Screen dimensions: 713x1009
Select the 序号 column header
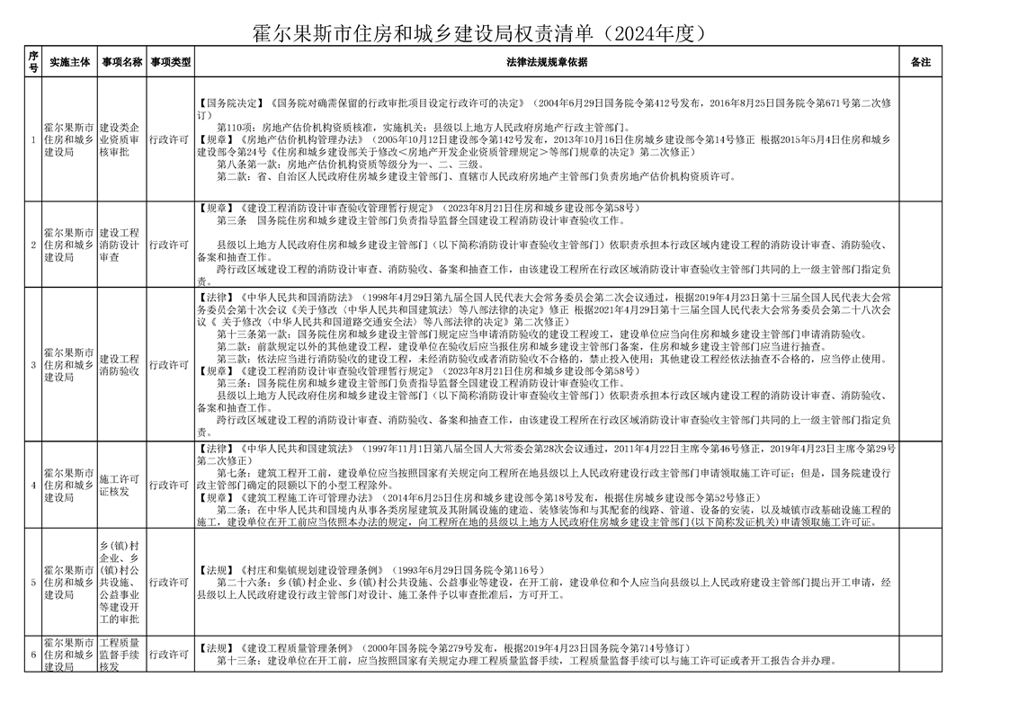[x=33, y=62]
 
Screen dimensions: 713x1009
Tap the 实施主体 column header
[x=70, y=62]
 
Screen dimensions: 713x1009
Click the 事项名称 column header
[x=121, y=62]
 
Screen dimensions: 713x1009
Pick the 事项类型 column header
[x=170, y=62]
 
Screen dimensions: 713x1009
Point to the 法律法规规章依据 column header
[x=547, y=62]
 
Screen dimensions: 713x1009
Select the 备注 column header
[x=920, y=62]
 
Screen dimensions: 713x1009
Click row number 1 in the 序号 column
[x=33, y=140]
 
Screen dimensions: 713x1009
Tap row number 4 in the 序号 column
[x=33, y=486]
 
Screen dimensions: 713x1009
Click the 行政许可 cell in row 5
[x=170, y=582]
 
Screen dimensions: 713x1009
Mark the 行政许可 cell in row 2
[x=170, y=245]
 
